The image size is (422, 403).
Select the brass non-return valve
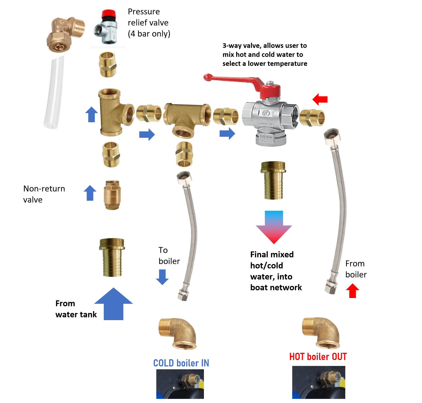pyautogui.click(x=112, y=195)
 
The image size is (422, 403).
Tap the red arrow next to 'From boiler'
pyautogui.click(x=352, y=291)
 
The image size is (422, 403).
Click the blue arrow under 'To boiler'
pyautogui.click(x=162, y=277)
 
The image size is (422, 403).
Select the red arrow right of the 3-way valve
pyautogui.click(x=320, y=99)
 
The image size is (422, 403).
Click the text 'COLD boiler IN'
pyautogui.click(x=181, y=363)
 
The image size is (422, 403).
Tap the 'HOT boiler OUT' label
pyautogui.click(x=318, y=357)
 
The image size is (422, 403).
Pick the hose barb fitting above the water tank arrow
pyautogui.click(x=112, y=257)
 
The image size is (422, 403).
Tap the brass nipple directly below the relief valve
pyautogui.click(x=107, y=64)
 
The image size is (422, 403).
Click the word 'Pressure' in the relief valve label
pyautogui.click(x=144, y=12)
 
